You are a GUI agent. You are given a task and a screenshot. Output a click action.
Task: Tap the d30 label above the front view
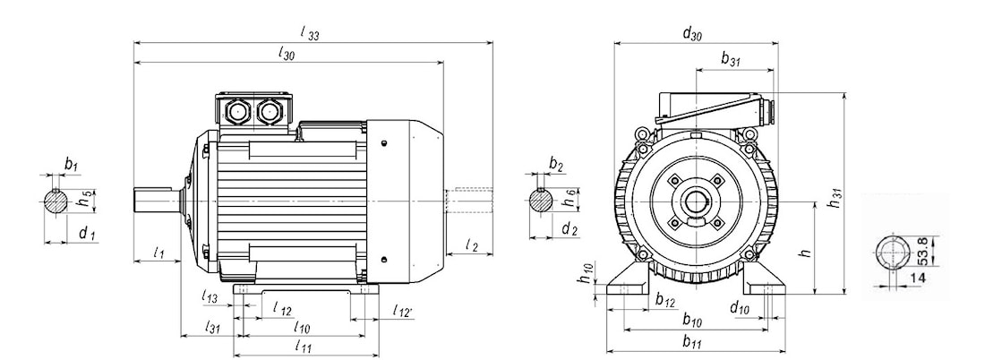(691, 35)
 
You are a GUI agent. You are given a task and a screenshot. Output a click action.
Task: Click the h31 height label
(835, 199)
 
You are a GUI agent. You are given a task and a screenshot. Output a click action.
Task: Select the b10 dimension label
(691, 319)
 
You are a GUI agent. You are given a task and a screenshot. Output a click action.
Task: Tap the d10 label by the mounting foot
(739, 308)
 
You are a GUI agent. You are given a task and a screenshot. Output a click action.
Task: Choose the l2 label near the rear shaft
(473, 245)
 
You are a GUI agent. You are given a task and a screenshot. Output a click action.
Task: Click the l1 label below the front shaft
(158, 253)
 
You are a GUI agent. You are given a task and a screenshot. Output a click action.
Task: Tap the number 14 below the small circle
(917, 279)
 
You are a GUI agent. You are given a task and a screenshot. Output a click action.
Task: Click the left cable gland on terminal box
(240, 112)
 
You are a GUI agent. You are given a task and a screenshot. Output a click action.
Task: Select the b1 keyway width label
(72, 165)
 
